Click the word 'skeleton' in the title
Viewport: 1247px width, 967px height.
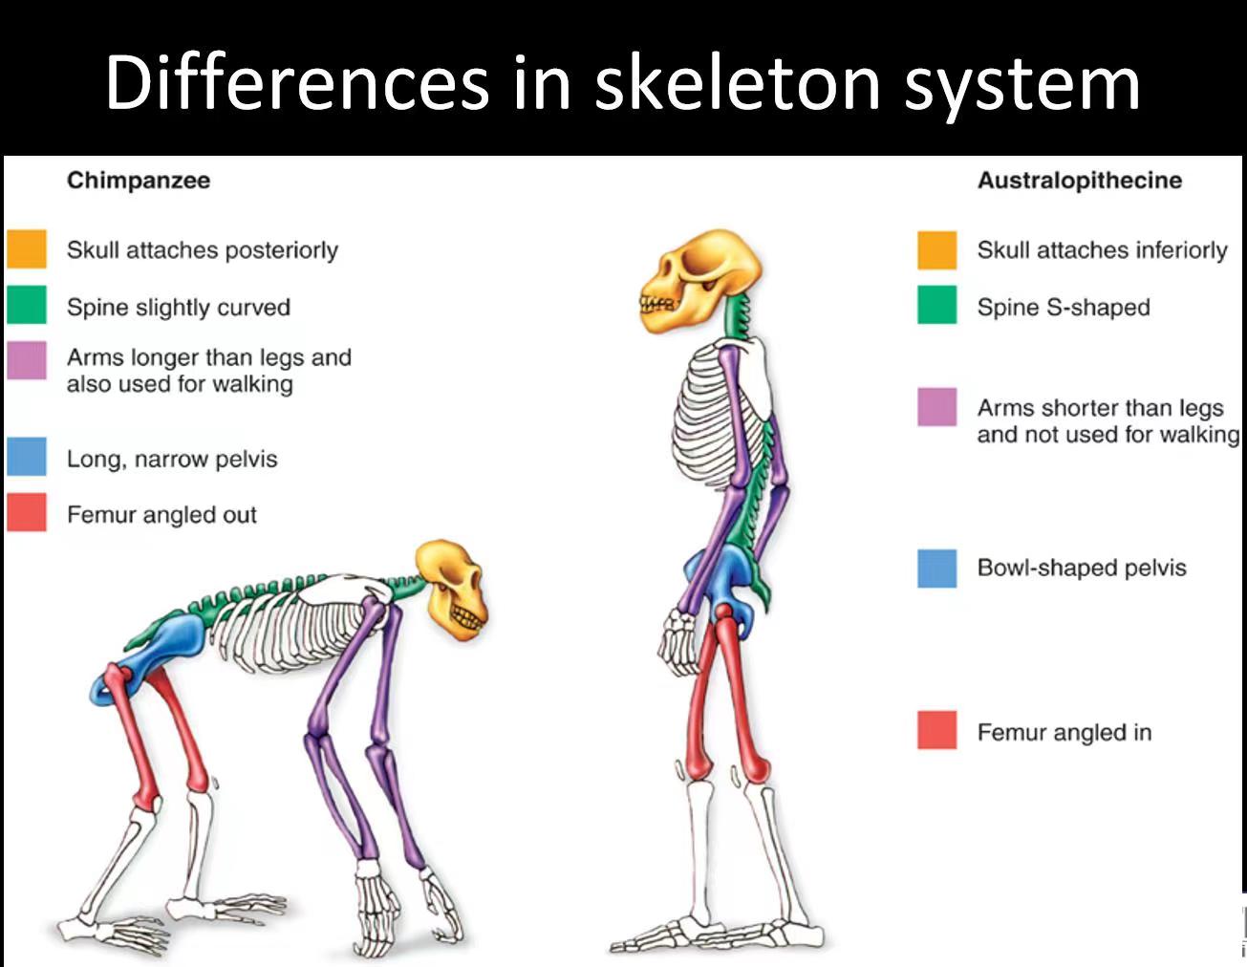tap(737, 82)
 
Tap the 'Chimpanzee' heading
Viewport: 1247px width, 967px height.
tap(139, 181)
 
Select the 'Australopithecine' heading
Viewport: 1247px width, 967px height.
tap(1080, 181)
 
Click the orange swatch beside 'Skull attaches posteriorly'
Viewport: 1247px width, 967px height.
tap(27, 249)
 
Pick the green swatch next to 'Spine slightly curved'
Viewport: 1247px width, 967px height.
tap(27, 305)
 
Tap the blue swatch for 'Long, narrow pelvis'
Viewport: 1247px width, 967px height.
tap(27, 457)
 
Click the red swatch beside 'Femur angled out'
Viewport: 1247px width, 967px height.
tap(27, 512)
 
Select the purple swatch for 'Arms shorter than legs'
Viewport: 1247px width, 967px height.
tap(937, 407)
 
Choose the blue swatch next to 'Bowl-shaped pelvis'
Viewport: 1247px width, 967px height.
tap(937, 569)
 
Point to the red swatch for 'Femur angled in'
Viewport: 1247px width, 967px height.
tap(937, 730)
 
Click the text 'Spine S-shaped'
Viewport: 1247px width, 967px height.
tap(1064, 308)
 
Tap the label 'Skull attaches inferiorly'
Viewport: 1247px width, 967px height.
tap(1103, 250)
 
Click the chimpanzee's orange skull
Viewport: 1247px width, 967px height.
tap(453, 589)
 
